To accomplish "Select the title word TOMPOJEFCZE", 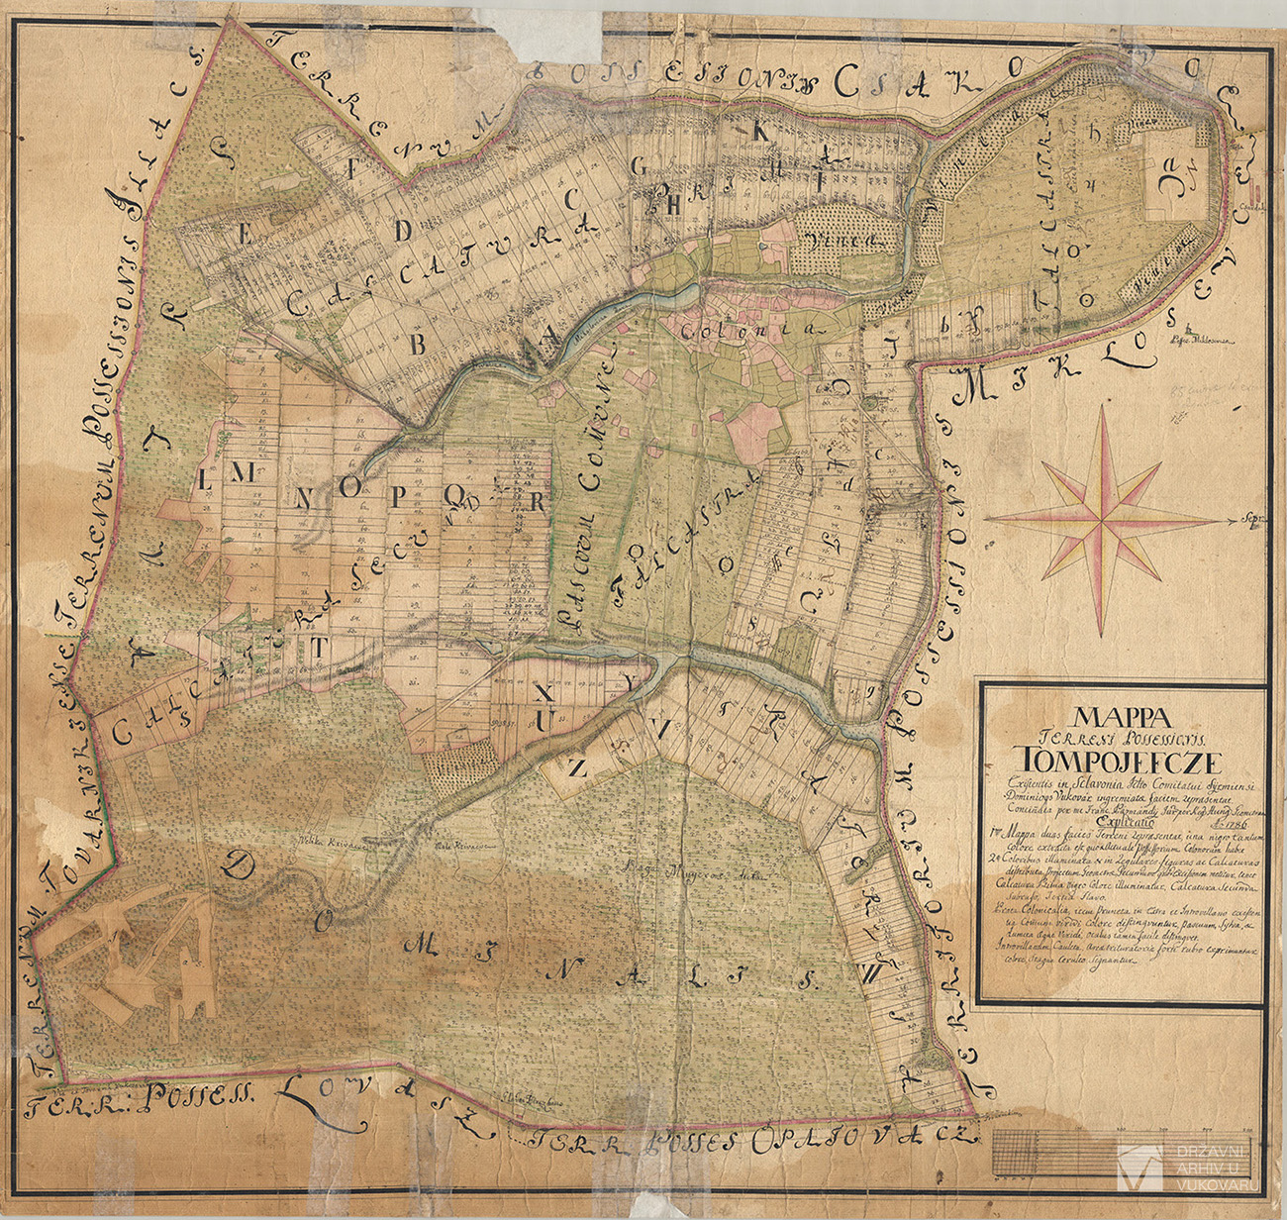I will (1122, 761).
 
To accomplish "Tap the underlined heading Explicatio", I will (1123, 821).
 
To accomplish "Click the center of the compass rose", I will (1102, 517).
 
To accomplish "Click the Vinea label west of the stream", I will (830, 239).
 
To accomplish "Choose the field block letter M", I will (241, 474).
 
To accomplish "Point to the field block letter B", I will (417, 344).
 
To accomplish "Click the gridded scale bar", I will (1049, 1151).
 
